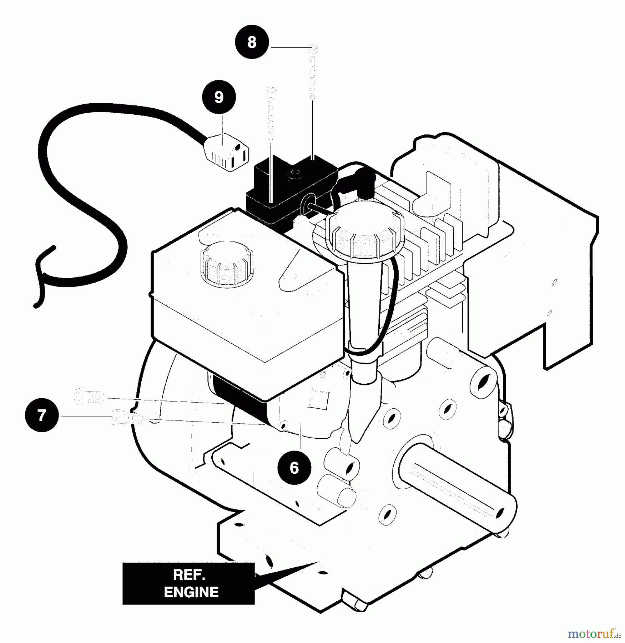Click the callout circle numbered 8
252,42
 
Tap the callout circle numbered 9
219,97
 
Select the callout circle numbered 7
42,415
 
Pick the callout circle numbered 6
294,468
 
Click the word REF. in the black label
189,575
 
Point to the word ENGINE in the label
191,592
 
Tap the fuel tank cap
227,264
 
